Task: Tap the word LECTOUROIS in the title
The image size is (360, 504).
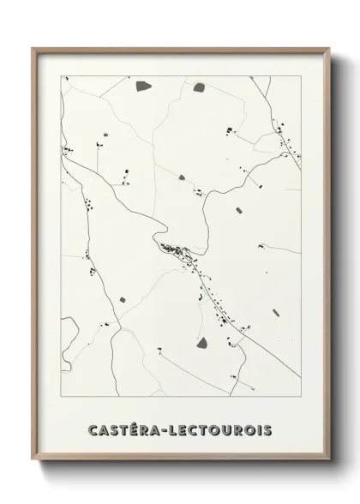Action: pos(225,426)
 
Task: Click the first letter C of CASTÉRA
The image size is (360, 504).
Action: pos(92,426)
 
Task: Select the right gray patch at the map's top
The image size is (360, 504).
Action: pos(199,87)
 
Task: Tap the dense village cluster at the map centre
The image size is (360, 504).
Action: pos(176,251)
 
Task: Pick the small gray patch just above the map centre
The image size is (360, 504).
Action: pos(182,177)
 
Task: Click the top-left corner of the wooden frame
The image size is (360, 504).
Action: pos(33,48)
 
